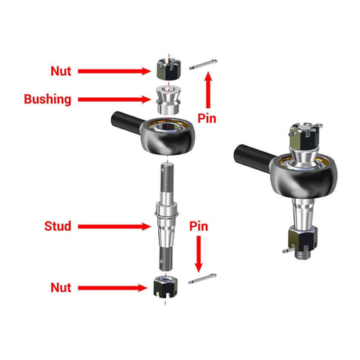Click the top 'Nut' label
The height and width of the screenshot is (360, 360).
pyautogui.click(x=60, y=70)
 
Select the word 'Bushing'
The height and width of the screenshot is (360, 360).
pyautogui.click(x=48, y=100)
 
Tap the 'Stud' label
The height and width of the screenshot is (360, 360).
pyautogui.click(x=58, y=227)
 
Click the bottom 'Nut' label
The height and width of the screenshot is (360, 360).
pyautogui.click(x=60, y=288)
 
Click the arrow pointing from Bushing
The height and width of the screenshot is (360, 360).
pyautogui.click(x=115, y=100)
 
